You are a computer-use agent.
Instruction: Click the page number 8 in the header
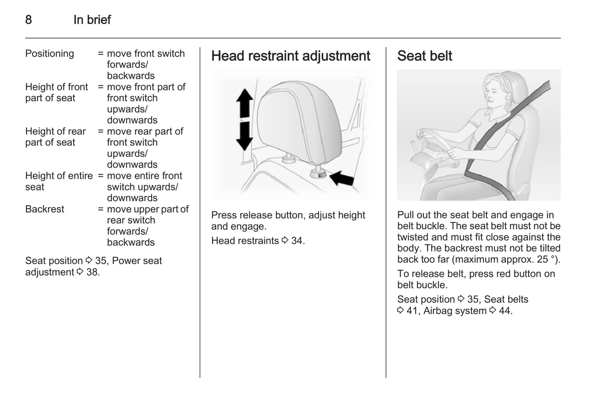point(29,19)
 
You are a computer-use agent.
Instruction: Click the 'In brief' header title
point(92,19)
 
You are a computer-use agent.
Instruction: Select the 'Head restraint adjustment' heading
point(291,56)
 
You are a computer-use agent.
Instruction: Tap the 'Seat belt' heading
point(424,56)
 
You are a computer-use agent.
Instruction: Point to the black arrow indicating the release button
point(342,179)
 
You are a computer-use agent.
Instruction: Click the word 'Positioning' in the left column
point(50,53)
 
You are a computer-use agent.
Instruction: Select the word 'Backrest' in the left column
point(45,209)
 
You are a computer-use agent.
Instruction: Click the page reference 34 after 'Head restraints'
point(297,241)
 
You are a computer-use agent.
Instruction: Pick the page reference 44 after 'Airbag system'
point(504,311)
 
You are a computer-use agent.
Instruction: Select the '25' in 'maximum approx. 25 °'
point(542,259)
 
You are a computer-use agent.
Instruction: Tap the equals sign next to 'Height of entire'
point(101,176)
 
